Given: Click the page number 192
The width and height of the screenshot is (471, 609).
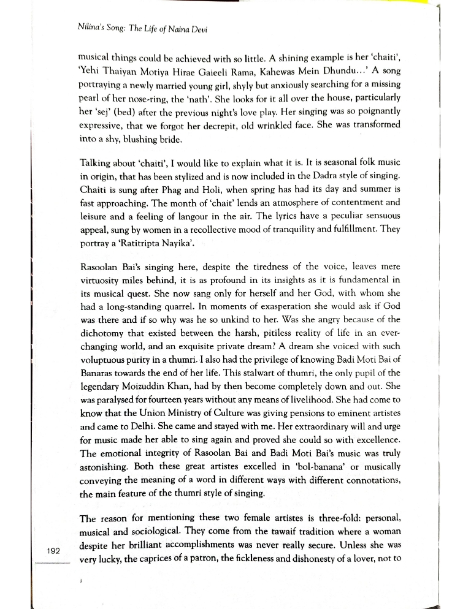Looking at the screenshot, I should coord(52,551).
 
